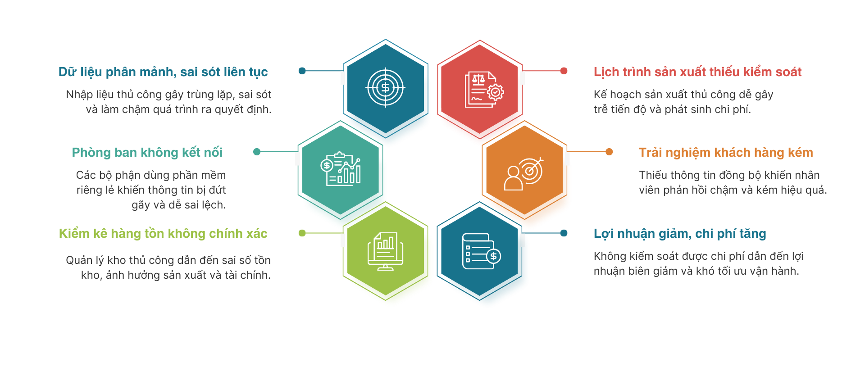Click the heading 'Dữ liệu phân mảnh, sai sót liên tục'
coord(163,72)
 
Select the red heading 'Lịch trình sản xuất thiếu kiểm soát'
coord(697,72)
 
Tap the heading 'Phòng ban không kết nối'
coord(147,153)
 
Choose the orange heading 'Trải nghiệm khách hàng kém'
coord(726,153)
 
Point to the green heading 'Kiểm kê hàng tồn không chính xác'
coord(163,234)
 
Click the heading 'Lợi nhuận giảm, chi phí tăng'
coord(680,234)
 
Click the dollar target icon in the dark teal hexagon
coord(386,88)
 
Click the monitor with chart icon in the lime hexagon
coord(386,251)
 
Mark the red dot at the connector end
coord(564,71)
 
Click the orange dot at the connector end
coord(609,152)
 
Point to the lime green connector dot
coord(302,233)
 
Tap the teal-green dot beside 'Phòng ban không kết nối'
coord(257,152)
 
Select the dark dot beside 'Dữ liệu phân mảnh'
coord(302,71)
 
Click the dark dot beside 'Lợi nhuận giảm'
coord(564,233)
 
